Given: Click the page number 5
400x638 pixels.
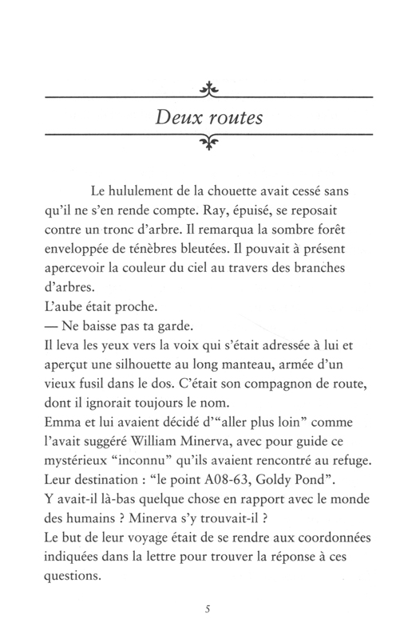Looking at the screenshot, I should pyautogui.click(x=207, y=610).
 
